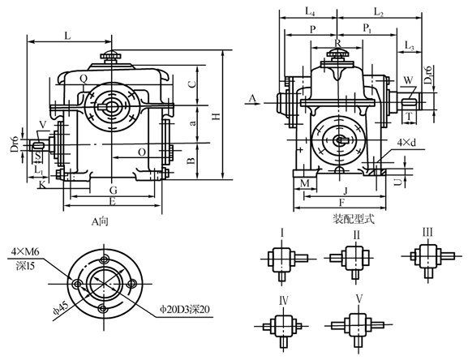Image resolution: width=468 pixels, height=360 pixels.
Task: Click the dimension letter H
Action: coord(214,116)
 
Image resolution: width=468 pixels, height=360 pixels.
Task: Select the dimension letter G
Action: coord(113,189)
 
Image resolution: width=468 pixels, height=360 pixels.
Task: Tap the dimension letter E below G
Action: coord(113,200)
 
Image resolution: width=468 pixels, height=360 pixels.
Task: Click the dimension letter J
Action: coord(345,191)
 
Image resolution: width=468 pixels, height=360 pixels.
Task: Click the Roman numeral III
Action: coord(427,233)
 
